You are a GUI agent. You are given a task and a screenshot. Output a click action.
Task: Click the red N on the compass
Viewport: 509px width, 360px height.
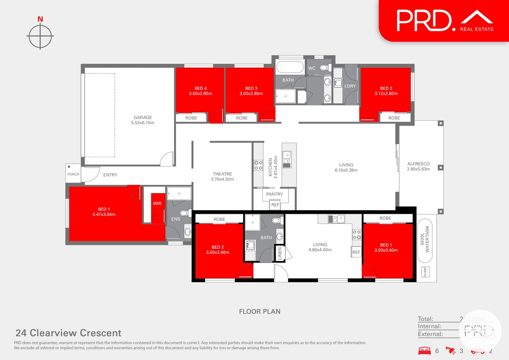coord(40,19)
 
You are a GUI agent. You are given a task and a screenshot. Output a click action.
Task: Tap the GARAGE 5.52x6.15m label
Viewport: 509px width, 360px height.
coord(143,120)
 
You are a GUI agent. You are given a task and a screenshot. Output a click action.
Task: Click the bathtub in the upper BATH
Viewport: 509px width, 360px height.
coord(290,67)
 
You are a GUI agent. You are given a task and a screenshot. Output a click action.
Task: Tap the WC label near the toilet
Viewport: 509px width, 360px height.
coord(312,68)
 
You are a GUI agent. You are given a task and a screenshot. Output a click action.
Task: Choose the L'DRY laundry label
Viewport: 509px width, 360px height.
coord(350,86)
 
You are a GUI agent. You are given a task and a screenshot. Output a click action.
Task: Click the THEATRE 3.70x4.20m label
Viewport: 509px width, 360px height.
coord(222,177)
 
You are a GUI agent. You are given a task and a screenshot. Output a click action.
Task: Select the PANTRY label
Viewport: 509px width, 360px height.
coord(274,194)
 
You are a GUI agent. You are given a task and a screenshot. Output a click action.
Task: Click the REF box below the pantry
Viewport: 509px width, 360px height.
coord(275,205)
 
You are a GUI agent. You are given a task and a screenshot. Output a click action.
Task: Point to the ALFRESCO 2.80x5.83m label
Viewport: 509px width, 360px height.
coord(418,166)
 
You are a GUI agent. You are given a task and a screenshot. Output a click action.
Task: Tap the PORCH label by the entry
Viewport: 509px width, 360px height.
coord(73,174)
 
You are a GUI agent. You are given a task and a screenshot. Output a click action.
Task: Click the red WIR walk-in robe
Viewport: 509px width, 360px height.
coord(157,204)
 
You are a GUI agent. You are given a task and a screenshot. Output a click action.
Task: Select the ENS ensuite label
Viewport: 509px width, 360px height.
coord(176,219)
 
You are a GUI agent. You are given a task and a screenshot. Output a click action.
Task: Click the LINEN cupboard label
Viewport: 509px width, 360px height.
coord(280,253)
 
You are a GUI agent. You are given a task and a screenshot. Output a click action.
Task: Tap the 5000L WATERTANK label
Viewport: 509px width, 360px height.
coord(425,239)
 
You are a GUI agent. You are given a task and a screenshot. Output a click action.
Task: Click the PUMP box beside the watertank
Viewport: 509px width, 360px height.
coord(425,272)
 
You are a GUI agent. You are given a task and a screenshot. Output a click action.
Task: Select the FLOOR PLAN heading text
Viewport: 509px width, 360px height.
coord(260,312)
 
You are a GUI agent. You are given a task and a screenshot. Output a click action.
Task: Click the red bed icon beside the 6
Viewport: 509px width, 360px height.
coord(424,351)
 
